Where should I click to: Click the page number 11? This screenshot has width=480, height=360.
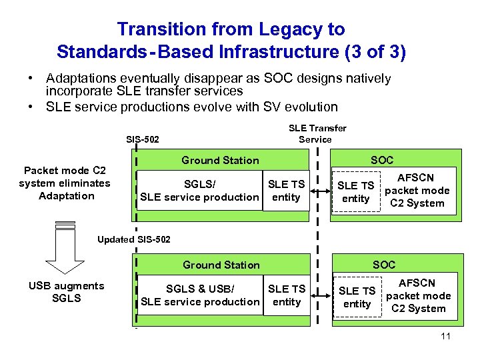446,336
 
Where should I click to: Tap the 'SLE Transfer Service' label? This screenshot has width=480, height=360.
317,133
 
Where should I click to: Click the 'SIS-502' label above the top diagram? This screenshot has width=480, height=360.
142,139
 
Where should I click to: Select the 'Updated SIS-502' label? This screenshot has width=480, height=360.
134,239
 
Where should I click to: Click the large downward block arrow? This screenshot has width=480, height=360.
65,248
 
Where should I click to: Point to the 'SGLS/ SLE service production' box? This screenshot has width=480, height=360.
199,191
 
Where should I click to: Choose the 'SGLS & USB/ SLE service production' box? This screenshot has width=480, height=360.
200,295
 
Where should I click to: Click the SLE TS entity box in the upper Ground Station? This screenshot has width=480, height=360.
286,191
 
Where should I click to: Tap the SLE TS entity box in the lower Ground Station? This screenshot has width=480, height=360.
287,295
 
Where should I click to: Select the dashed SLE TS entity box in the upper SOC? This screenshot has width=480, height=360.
355,192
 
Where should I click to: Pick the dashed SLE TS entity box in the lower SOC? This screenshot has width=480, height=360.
357,297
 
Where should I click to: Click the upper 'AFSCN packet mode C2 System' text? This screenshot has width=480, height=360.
416,191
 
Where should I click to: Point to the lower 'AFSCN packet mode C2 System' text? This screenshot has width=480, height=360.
418,296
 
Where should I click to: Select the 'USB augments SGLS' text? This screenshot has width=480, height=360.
66,292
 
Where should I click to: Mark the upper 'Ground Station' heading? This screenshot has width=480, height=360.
220,160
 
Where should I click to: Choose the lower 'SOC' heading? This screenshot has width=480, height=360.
383,265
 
